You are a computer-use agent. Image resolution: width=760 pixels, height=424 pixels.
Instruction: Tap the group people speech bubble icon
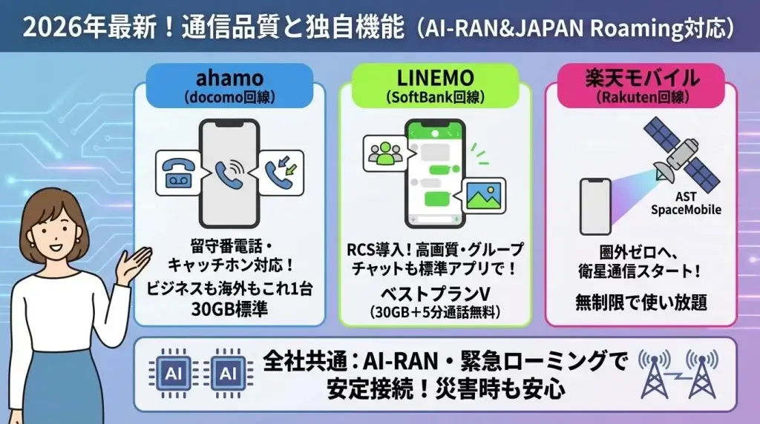(385, 152)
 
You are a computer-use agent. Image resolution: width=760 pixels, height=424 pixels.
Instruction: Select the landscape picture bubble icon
(482, 195)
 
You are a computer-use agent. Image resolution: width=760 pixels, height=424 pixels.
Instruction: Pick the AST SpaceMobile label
(685, 204)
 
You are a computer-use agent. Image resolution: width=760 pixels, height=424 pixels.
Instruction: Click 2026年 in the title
(54, 27)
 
